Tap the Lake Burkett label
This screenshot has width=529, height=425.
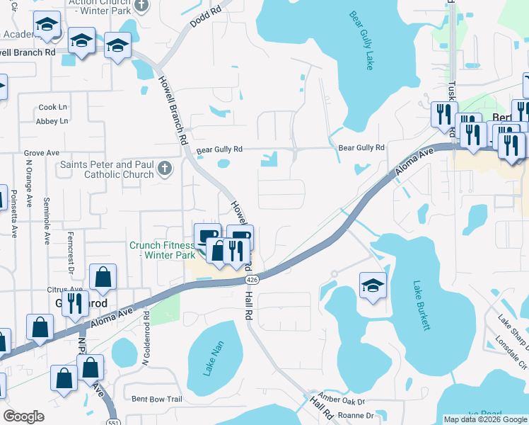422,305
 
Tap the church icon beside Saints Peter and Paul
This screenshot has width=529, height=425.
165,169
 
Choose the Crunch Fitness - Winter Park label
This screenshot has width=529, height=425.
161,250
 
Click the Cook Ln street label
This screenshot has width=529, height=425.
52,107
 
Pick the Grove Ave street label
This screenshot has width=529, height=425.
42,153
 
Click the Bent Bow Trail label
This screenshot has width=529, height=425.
157,399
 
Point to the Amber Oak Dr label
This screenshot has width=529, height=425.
340,399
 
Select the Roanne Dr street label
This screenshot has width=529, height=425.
356,416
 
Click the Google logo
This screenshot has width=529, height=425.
23,416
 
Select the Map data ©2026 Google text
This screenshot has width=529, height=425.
484,419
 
